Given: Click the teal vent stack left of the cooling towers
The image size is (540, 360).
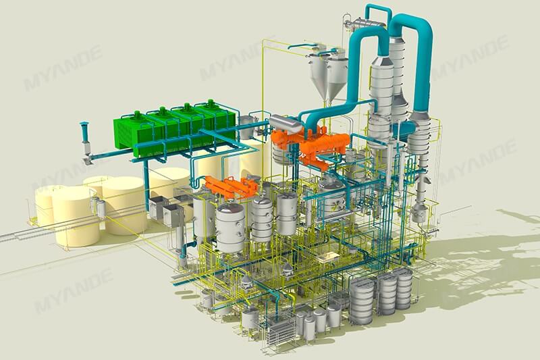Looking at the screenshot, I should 86,138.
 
